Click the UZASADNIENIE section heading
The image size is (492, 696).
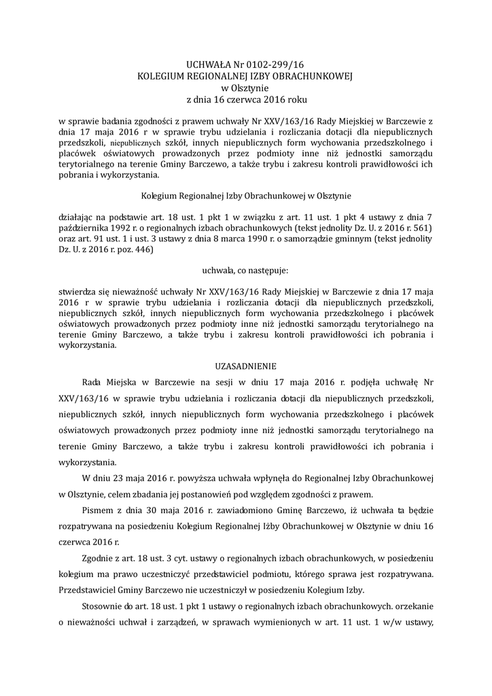(246, 365)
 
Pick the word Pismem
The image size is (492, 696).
(96, 508)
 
